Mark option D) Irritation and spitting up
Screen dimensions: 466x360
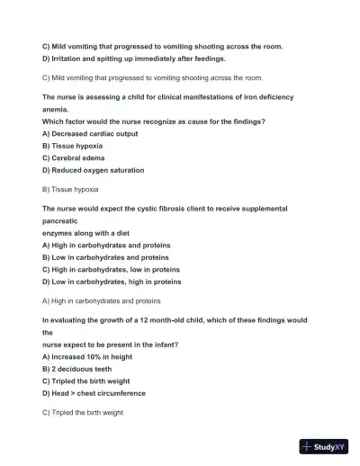(x=134, y=58)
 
